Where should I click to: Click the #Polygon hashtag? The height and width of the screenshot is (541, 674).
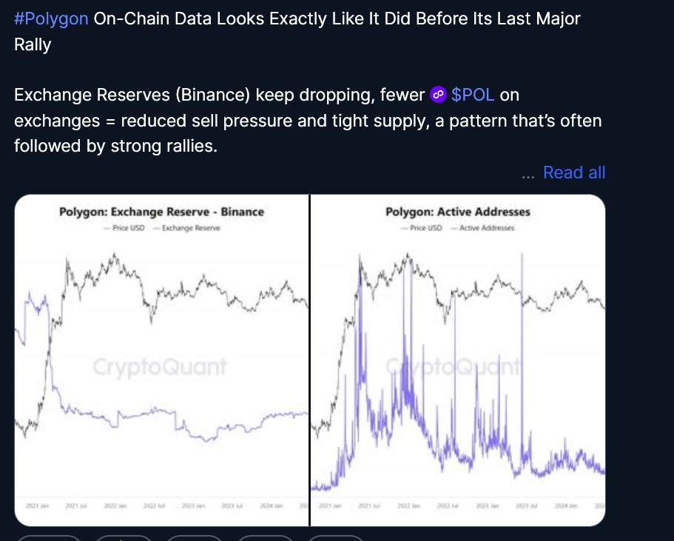(x=52, y=19)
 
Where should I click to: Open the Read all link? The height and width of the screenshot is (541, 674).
(x=574, y=172)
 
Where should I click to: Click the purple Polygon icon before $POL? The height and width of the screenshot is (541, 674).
(x=439, y=95)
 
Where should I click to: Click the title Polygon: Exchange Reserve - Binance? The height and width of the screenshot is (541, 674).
(x=161, y=212)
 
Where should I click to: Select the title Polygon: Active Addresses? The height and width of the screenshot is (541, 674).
(x=458, y=212)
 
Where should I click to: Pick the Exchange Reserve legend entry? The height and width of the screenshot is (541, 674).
(x=187, y=228)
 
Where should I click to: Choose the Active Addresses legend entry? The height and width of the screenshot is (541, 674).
(x=486, y=228)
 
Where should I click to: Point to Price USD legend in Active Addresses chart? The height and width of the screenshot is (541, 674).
(x=425, y=228)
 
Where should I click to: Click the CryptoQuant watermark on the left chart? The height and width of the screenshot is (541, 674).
(x=160, y=367)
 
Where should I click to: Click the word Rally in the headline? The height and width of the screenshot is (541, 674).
(x=33, y=44)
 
